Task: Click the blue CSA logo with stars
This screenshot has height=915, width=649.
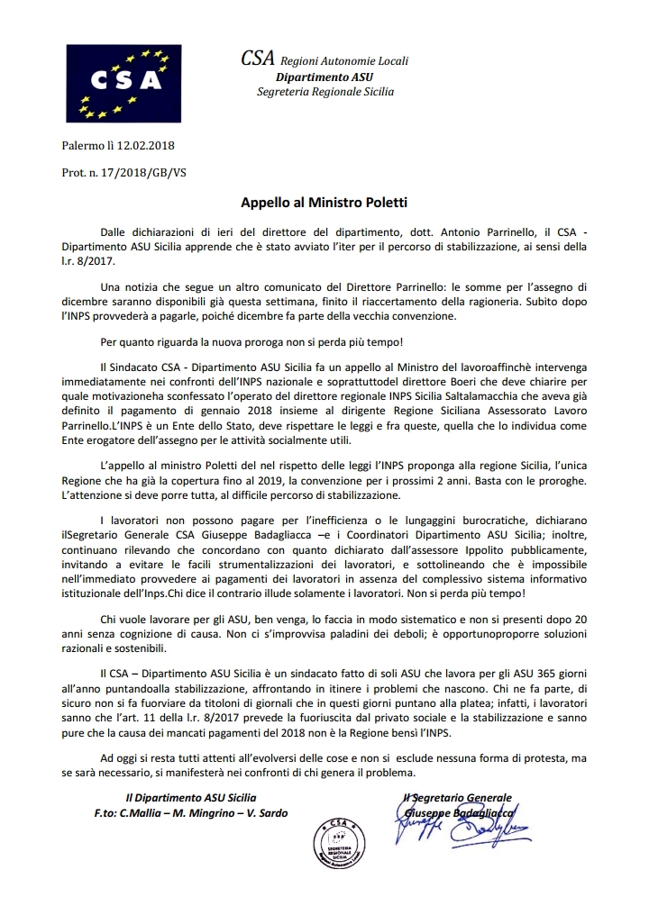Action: click(x=121, y=82)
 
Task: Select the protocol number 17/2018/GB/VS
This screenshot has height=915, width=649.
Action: click(x=144, y=171)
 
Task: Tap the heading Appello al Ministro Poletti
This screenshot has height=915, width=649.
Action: click(x=324, y=203)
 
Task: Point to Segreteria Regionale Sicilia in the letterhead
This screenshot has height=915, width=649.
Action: click(x=324, y=92)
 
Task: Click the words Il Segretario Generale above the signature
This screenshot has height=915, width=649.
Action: click(x=458, y=797)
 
